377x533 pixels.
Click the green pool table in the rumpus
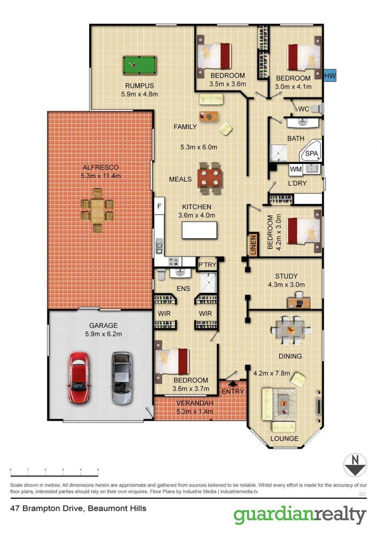click(139, 65)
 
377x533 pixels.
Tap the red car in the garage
click(79, 377)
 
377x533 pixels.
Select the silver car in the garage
click(122, 377)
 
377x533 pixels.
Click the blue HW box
click(330, 75)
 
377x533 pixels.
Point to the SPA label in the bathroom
click(311, 153)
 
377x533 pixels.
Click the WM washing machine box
click(295, 170)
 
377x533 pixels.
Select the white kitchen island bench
click(199, 230)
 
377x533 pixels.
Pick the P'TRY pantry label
click(207, 265)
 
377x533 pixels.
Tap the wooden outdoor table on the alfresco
click(98, 210)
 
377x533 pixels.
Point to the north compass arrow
click(355, 465)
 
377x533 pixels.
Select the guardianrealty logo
click(300, 516)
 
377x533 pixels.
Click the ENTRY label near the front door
click(233, 391)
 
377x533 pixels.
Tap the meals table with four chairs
click(210, 178)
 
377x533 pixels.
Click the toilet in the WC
click(316, 109)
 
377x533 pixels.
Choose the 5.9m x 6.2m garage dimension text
click(103, 334)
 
